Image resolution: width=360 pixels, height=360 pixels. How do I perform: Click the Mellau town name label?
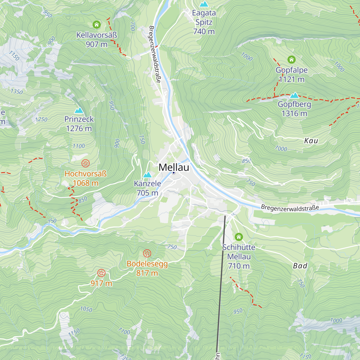tap(174, 167)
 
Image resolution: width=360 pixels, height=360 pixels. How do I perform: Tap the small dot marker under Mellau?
tap(173, 173)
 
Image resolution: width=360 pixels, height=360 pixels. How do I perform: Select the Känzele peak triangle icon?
tap(147, 175)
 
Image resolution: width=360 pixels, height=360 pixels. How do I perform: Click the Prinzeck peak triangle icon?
tap(79, 110)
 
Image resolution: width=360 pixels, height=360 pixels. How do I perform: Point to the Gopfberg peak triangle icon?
tap(294, 95)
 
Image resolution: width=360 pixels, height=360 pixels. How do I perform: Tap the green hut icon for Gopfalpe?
tap(292, 59)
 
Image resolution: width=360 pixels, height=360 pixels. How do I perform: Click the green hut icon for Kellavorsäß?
tap(96, 25)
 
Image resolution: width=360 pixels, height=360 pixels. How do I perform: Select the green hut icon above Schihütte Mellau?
tap(238, 237)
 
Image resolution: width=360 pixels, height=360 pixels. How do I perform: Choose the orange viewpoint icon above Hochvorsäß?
tap(85, 163)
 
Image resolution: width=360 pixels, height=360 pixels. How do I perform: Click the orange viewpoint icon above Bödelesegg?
tap(147, 253)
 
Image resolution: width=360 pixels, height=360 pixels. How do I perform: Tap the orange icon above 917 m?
tap(101, 273)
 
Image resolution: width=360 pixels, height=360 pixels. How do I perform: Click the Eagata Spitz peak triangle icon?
tap(204, 4)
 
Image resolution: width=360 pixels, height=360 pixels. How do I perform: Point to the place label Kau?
tap(311, 141)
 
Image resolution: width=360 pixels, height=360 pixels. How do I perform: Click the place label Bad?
tap(300, 266)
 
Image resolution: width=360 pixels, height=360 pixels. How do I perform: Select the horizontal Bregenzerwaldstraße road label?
tap(290, 208)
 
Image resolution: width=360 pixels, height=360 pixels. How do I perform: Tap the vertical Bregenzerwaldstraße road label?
tap(155, 54)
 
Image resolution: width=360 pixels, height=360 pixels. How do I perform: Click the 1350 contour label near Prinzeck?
tap(16, 91)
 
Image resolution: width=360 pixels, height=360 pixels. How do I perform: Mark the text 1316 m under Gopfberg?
tap(294, 113)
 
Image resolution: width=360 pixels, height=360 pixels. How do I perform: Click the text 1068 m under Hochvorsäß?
tap(85, 183)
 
